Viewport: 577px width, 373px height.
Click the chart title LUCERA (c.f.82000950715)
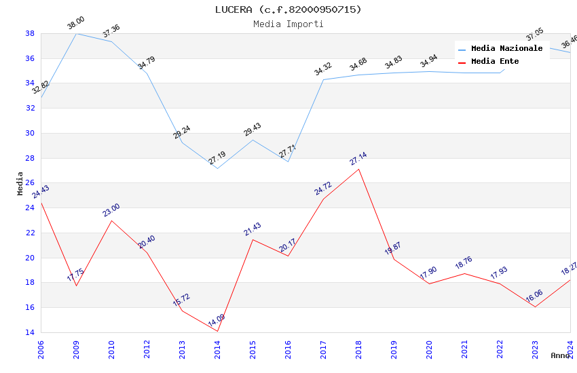288,9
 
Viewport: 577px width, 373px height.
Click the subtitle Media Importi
288,24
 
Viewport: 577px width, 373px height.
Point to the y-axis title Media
20,183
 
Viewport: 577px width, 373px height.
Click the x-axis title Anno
560,355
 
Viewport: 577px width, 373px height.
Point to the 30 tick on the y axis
30,133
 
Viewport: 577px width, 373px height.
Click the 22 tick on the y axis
30,233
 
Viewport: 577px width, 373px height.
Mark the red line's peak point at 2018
358,168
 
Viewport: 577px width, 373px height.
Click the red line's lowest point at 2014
217,331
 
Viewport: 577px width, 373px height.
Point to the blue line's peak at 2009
76,33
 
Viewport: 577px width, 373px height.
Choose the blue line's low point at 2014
217,168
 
